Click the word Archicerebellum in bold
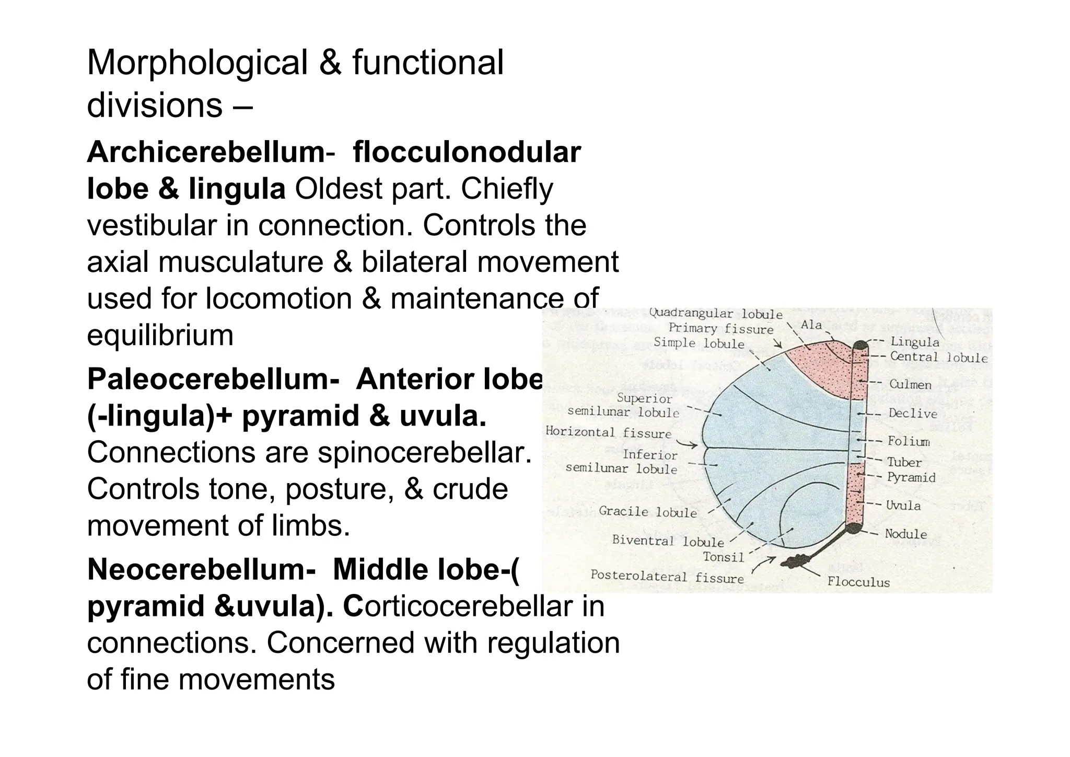pyautogui.click(x=205, y=153)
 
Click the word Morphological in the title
pyautogui.click(x=197, y=63)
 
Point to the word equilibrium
pyautogui.click(x=160, y=336)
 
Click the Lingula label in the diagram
pyautogui.click(x=914, y=342)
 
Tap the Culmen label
pyautogui.click(x=910, y=385)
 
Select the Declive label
pyautogui.click(x=913, y=414)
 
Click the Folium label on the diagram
pyautogui.click(x=909, y=441)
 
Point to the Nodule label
pyautogui.click(x=905, y=534)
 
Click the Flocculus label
pyautogui.click(x=858, y=582)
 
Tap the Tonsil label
pyautogui.click(x=723, y=557)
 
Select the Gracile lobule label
pyautogui.click(x=648, y=512)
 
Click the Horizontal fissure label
pyautogui.click(x=609, y=433)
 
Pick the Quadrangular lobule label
pyautogui.click(x=715, y=314)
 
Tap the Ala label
pyautogui.click(x=811, y=325)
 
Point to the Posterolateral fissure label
pyautogui.click(x=667, y=577)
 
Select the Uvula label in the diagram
pyautogui.click(x=903, y=506)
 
